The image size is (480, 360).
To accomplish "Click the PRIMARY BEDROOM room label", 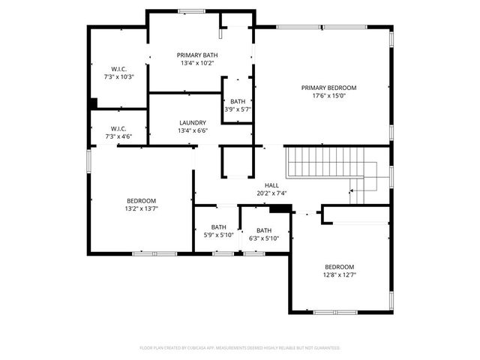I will [328, 88].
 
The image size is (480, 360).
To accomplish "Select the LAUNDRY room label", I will [193, 123].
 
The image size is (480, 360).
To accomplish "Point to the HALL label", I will [271, 184].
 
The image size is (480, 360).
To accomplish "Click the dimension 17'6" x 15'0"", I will [328, 96].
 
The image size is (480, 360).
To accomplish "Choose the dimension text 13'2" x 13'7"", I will [141, 208].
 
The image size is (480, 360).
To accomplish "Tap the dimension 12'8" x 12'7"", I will [339, 275].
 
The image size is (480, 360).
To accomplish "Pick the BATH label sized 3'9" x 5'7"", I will [238, 102].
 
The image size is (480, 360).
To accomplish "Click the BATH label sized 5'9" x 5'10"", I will [218, 227].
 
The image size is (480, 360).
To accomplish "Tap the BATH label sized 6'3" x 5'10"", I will [264, 230].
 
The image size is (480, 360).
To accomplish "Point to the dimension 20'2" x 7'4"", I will [271, 193].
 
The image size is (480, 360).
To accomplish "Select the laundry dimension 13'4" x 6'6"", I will [193, 131].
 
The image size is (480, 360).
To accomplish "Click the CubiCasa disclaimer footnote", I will [240, 348].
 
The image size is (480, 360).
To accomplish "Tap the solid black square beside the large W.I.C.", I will [93, 103].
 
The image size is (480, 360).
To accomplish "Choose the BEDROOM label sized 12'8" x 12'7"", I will [339, 267].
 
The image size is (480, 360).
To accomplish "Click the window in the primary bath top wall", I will [192, 10].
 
